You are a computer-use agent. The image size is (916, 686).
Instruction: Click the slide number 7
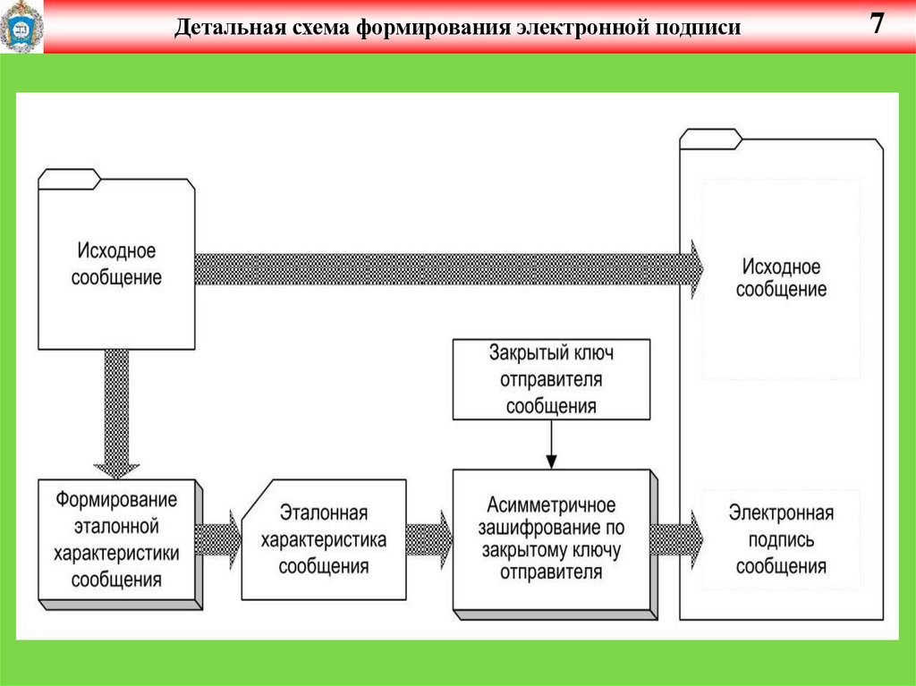(x=878, y=24)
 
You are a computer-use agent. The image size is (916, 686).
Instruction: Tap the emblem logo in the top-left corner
(x=20, y=27)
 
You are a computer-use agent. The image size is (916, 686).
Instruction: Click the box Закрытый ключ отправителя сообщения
(x=551, y=378)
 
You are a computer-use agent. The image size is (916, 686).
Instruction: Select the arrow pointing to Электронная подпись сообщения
(x=675, y=539)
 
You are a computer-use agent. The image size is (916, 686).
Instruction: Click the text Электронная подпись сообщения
(x=780, y=539)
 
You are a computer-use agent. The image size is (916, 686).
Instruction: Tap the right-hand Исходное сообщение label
(x=780, y=278)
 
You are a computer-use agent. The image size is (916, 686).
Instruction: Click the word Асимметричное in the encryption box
(x=551, y=506)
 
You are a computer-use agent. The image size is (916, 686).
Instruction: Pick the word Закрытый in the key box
(x=522, y=351)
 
